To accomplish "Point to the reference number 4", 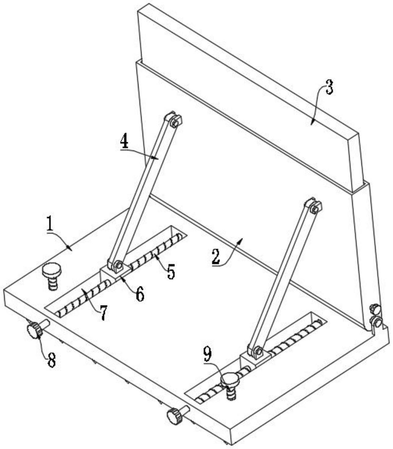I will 124,142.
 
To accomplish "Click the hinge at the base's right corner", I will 376,318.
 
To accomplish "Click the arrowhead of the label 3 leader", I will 312,124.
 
